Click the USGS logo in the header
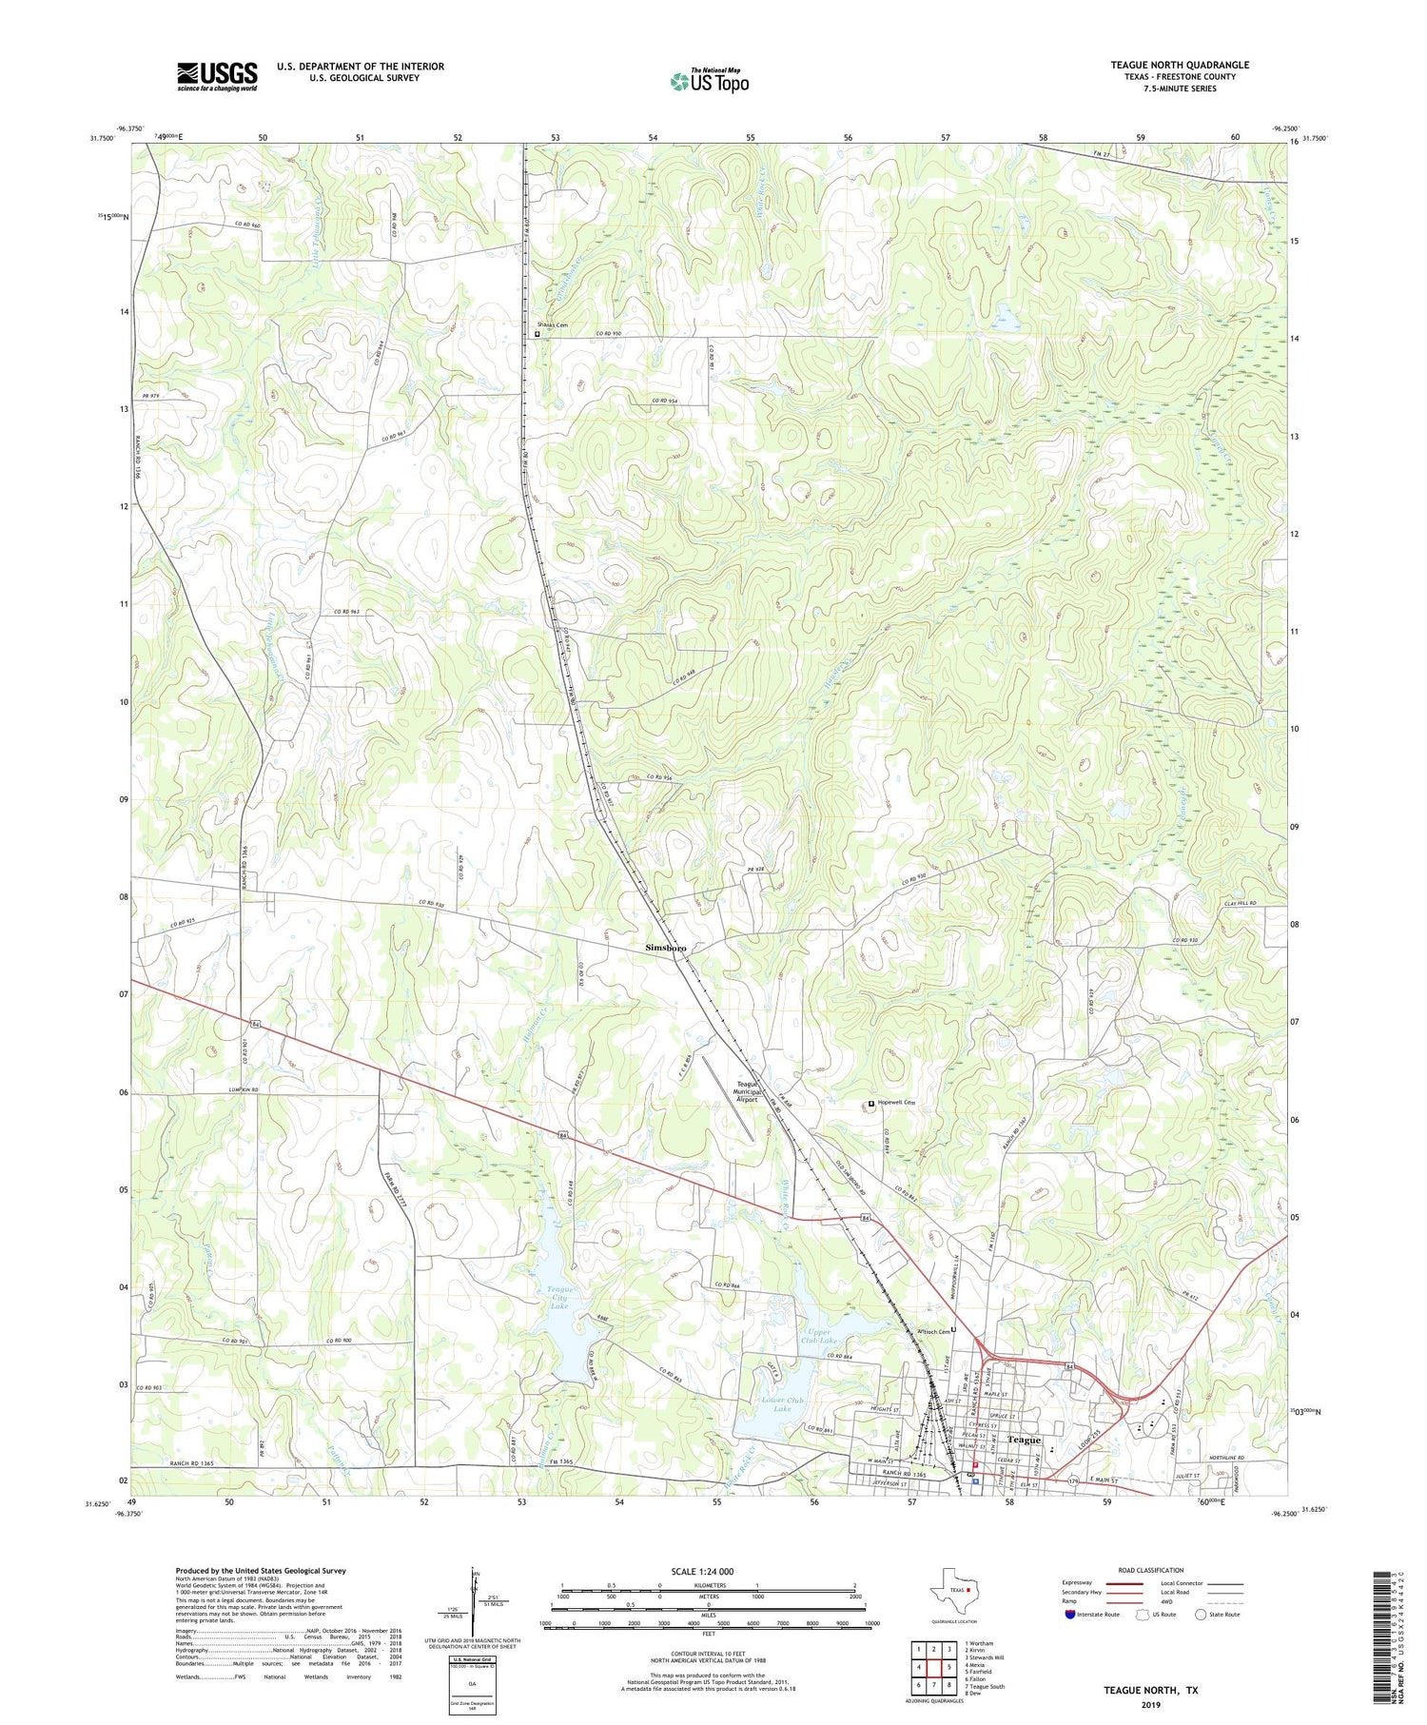pos(217,76)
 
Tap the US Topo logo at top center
pos(709,81)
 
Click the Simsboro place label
pos(666,949)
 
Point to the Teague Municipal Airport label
pos(748,1091)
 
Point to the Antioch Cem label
pos(932,1331)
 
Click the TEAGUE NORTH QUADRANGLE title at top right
pos(1180,65)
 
